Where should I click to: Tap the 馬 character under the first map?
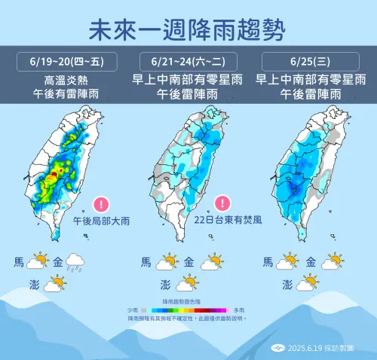[18, 263]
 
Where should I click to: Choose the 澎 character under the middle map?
[165, 285]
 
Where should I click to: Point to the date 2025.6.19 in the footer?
[306, 349]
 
